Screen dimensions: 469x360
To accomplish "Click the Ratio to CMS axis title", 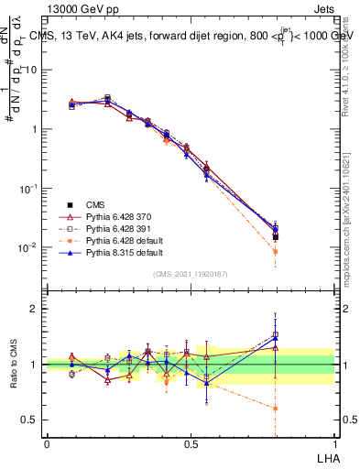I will (x=14, y=365).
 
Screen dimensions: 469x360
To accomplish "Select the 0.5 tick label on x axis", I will (x=191, y=442).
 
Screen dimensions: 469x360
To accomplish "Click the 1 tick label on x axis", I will (x=334, y=442).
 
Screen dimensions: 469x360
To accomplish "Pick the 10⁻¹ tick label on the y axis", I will (x=30, y=188).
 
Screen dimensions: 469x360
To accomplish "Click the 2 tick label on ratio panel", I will (x=37, y=309).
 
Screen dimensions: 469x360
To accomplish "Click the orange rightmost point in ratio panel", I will (x=276, y=409).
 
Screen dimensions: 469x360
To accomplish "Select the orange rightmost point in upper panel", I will (x=276, y=251).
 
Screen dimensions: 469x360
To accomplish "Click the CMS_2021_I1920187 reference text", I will (x=191, y=273).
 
